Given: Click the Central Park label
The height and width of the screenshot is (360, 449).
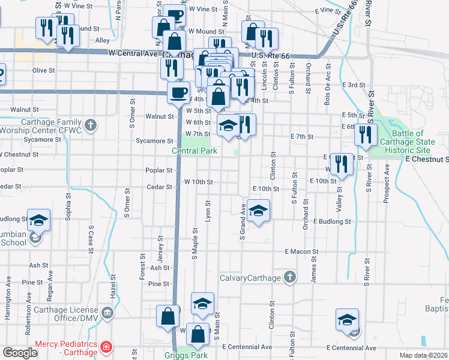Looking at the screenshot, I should pyautogui.click(x=195, y=151).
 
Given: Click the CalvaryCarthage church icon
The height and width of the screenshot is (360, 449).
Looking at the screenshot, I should pyautogui.click(x=290, y=277).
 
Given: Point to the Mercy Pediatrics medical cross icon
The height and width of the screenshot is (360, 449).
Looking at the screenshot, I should pyautogui.click(x=106, y=347).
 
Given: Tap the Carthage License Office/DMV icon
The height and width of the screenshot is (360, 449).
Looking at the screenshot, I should pyautogui.click(x=107, y=313).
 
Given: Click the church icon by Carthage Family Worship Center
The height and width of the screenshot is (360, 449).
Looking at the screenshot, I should pyautogui.click(x=90, y=125).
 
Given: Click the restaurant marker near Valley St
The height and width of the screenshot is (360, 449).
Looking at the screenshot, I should pyautogui.click(x=341, y=164).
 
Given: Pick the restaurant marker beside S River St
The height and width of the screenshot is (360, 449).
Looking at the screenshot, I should pyautogui.click(x=365, y=135).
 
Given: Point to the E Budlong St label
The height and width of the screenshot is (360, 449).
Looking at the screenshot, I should pyautogui.click(x=331, y=221).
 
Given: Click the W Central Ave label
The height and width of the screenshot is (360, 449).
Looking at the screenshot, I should pyautogui.click(x=135, y=53).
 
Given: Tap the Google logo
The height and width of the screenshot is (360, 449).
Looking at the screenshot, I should pyautogui.click(x=20, y=353).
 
